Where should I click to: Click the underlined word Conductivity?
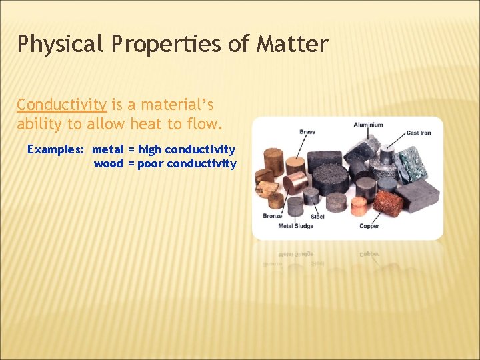point(61,105)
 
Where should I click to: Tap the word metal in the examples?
point(108,149)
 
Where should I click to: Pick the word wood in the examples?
point(109,164)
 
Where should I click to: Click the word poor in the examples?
point(151,164)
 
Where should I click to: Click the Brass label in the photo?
point(307,132)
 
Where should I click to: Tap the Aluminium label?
point(368,125)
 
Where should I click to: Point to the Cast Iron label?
point(418,133)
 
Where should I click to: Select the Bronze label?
point(272,216)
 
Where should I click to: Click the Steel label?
point(317,216)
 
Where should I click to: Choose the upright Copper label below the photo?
point(369,226)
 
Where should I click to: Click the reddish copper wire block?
point(388,203)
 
